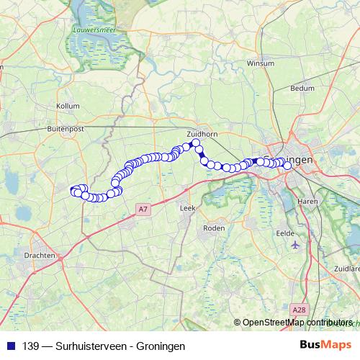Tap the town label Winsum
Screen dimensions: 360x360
tap(261, 63)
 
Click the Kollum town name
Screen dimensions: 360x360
tap(67, 106)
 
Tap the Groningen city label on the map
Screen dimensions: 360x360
tap(292, 160)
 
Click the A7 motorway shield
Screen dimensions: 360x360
tap(143, 210)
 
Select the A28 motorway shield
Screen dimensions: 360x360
tap(299, 309)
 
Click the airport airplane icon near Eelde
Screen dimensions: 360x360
tap(295, 246)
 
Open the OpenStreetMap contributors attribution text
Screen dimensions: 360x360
tap(298, 323)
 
